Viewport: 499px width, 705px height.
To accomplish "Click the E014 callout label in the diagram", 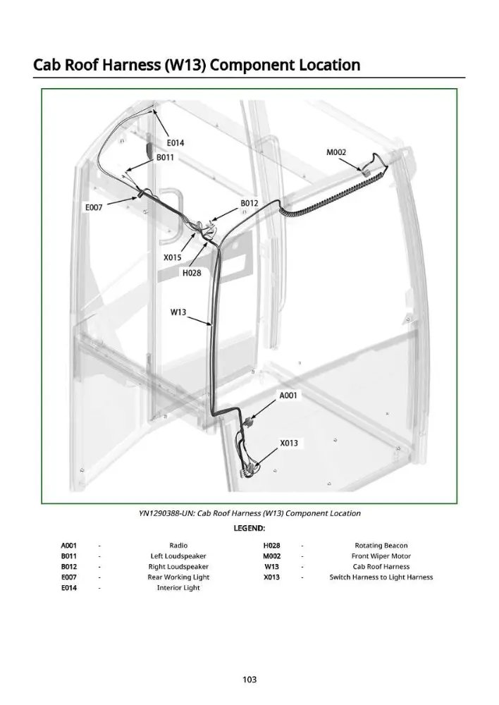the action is tap(175, 143).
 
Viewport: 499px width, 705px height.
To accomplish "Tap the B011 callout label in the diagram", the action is tap(165, 158).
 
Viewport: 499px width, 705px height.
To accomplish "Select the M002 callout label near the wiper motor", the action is tap(336, 152).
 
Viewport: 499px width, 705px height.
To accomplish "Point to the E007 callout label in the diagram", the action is tap(94, 207).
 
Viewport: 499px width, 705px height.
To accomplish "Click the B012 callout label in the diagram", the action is tap(249, 203).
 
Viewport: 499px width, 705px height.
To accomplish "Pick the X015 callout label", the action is tap(172, 257).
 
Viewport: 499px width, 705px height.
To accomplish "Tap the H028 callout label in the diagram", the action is tap(192, 273).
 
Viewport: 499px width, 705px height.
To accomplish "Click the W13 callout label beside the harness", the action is tap(178, 312).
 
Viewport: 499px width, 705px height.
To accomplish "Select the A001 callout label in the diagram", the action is tap(288, 396).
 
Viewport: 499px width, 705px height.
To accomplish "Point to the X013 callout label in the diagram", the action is tap(289, 443).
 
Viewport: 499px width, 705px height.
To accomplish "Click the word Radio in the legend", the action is tap(178, 546).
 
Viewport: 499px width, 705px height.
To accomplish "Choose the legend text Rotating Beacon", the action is tap(381, 546).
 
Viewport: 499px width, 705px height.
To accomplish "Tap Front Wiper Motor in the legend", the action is tap(381, 556).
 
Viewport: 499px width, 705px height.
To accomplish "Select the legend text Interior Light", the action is tap(178, 588).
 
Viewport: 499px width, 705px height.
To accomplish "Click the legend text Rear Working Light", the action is tap(178, 577).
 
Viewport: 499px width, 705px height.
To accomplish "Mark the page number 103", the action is tap(249, 680).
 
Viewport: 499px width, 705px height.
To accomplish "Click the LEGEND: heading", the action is tap(249, 528).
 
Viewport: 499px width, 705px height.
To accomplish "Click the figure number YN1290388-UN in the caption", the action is tap(166, 513).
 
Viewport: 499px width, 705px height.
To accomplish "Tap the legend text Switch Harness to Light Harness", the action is tap(381, 577).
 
